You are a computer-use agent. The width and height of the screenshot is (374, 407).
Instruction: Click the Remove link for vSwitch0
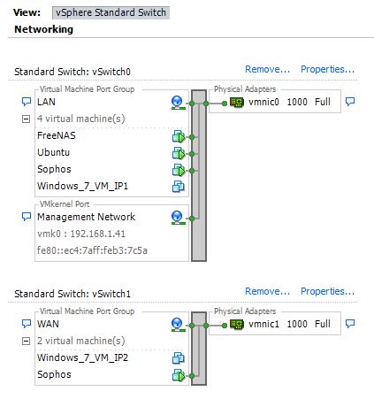268,69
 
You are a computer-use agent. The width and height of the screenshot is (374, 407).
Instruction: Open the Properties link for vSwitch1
327,291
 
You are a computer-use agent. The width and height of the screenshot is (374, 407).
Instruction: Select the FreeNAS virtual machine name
57,135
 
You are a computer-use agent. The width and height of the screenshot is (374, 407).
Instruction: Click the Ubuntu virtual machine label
53,152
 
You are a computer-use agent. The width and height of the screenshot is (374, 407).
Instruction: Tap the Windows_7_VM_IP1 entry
82,186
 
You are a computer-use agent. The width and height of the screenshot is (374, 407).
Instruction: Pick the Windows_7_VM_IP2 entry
82,357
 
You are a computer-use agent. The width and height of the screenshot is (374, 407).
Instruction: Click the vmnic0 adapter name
263,102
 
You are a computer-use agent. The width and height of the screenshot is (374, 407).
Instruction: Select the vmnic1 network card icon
237,325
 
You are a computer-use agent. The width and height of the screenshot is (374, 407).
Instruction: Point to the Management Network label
86,217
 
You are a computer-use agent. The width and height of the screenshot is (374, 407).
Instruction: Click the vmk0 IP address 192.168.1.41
98,234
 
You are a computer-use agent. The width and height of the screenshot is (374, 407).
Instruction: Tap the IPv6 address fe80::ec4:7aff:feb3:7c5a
92,250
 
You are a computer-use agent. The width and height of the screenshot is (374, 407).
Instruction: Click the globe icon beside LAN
178,103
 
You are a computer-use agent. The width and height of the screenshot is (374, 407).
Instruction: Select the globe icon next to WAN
178,325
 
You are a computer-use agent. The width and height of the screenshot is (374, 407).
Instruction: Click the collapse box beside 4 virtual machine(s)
27,119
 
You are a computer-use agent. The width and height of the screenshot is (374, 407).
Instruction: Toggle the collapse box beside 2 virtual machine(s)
27,342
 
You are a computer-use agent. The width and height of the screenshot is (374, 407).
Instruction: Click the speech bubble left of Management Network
27,217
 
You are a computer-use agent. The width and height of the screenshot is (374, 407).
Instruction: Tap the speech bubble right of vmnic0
350,102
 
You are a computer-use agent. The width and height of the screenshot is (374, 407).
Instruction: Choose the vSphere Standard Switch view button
111,12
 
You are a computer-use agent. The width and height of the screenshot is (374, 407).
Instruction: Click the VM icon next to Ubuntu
179,154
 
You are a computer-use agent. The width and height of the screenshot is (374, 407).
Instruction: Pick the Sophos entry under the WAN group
54,374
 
